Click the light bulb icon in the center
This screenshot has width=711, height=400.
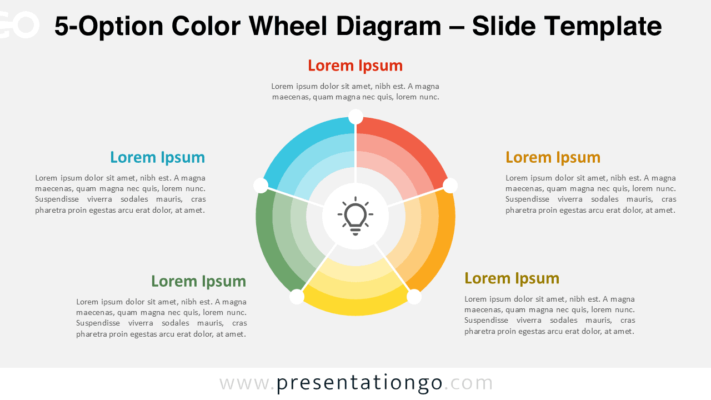click(x=355, y=216)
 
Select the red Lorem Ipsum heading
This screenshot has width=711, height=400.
click(x=355, y=66)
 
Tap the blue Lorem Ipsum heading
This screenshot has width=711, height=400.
click(x=157, y=157)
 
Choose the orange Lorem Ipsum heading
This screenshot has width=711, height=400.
click(x=553, y=157)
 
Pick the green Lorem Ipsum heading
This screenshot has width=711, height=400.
click(x=198, y=281)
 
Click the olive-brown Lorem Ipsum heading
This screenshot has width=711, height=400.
click(x=512, y=278)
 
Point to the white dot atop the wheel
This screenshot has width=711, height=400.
click(x=355, y=117)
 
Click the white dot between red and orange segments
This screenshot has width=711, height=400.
click(x=450, y=186)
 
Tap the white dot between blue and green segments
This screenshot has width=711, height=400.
click(x=261, y=186)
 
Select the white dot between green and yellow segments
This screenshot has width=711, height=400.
click(x=297, y=297)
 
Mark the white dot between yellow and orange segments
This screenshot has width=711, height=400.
click(x=414, y=297)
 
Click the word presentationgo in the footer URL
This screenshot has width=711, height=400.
click(x=359, y=383)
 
